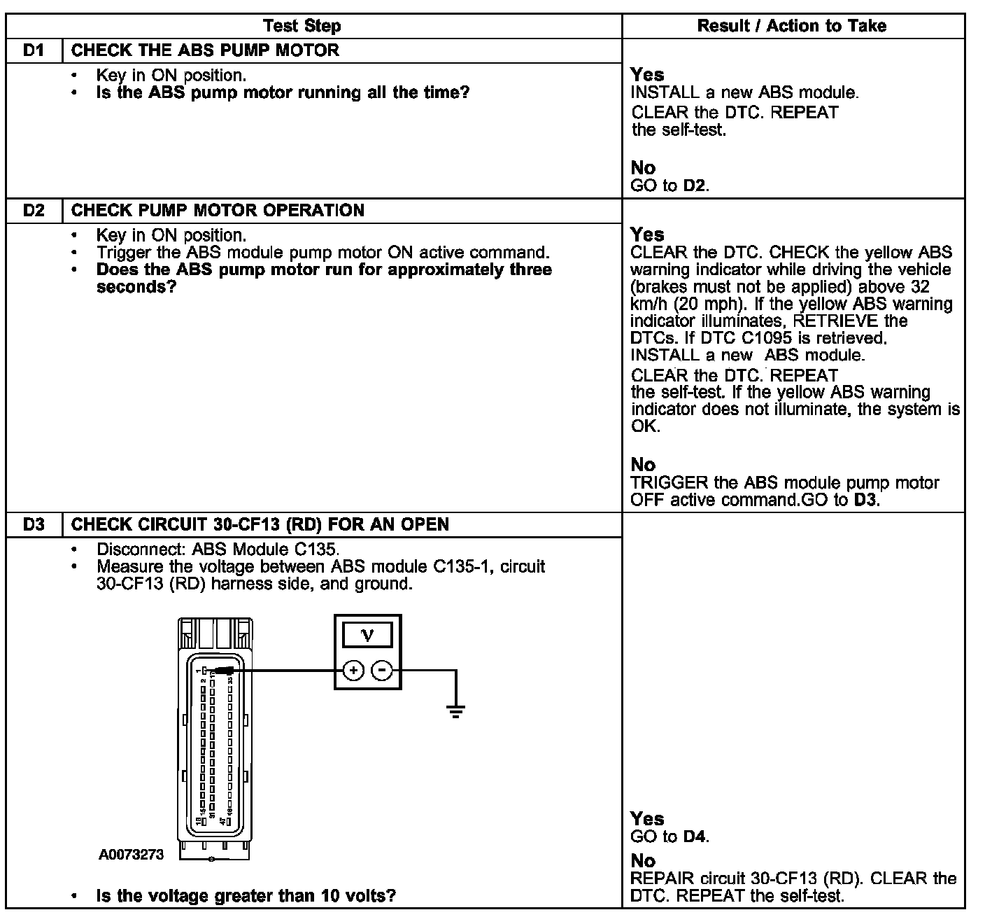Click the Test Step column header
pos(302,27)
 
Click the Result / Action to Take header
pos(792,27)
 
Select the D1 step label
pos(34,50)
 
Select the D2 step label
pos(34,211)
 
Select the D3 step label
pos(34,524)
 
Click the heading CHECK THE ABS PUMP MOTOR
pos(205,50)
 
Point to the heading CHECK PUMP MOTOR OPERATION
pos(218,211)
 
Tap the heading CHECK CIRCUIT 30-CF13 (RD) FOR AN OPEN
pos(260,524)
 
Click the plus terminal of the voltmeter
pos(354,671)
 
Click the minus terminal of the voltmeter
pos(381,671)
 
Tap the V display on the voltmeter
pos(367,636)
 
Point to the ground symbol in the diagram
pos(456,713)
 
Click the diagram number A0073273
pos(131,855)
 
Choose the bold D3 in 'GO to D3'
pos(865,500)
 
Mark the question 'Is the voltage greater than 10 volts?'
pos(246,896)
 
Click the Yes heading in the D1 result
pos(647,74)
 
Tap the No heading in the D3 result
pos(643,860)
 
